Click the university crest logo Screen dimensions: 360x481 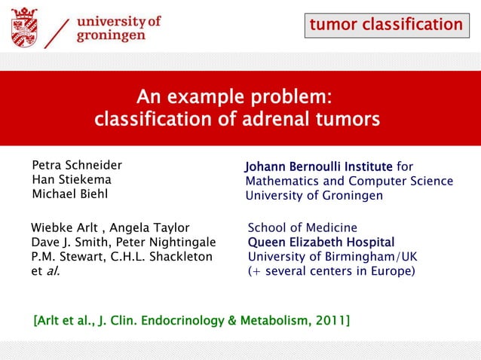point(24,26)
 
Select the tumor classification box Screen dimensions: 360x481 point(386,25)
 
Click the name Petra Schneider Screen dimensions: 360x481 point(76,166)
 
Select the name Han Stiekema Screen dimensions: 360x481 point(71,180)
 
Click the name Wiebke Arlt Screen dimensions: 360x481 point(63,227)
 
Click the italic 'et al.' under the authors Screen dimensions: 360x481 point(44,270)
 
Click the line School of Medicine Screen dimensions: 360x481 point(302,227)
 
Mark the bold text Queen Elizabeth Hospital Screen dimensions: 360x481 point(321,242)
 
